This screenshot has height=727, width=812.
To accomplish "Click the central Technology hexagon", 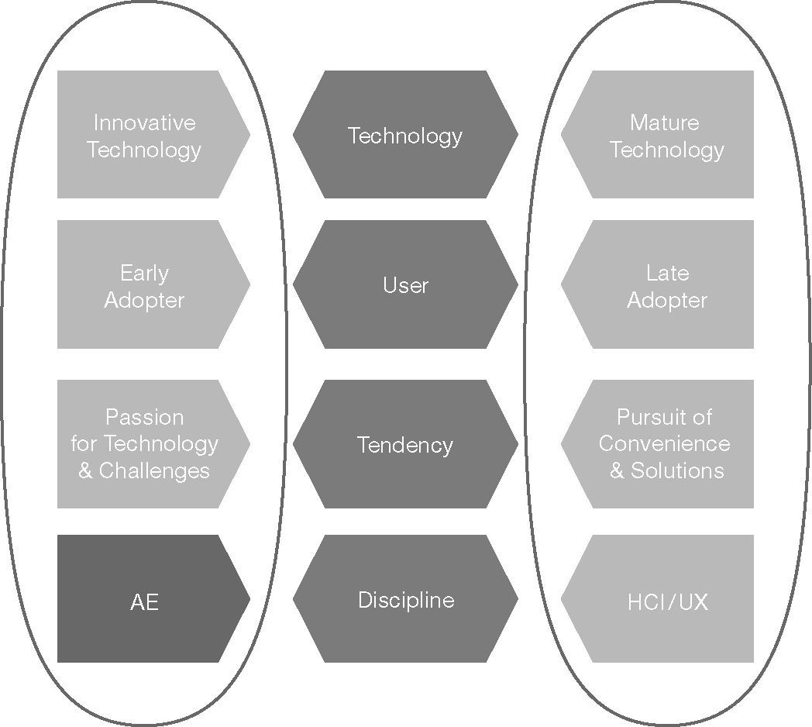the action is [x=405, y=135].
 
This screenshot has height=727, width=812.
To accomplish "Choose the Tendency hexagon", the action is [x=405, y=444].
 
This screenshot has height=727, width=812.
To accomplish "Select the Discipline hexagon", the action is [x=405, y=599].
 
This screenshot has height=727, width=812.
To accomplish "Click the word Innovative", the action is [x=144, y=122].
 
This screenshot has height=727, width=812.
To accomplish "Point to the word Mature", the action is [x=665, y=122].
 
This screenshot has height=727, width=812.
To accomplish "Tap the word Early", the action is [x=144, y=273].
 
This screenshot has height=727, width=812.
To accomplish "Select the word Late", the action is [x=667, y=273].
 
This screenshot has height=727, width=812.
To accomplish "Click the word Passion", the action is [x=144, y=417].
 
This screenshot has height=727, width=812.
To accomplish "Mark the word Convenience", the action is [x=664, y=443].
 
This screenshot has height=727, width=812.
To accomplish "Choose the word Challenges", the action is [x=154, y=470].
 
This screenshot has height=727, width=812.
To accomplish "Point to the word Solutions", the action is [x=677, y=470].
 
